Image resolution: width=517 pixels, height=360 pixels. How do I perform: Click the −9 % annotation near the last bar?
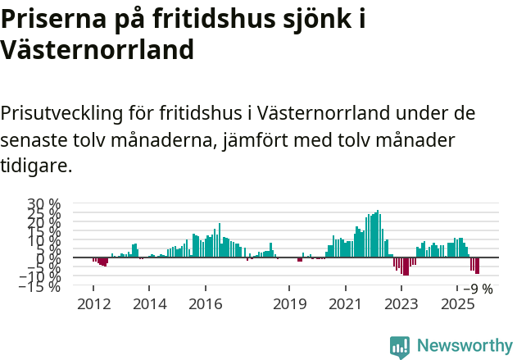(x=478, y=289)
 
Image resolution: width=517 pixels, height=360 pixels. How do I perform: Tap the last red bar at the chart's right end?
(x=477, y=266)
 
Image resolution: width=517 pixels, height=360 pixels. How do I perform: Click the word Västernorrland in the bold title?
(x=98, y=50)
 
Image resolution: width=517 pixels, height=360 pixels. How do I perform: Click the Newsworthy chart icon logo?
(x=400, y=346)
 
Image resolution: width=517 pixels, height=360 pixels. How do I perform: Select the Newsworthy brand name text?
(x=464, y=346)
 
